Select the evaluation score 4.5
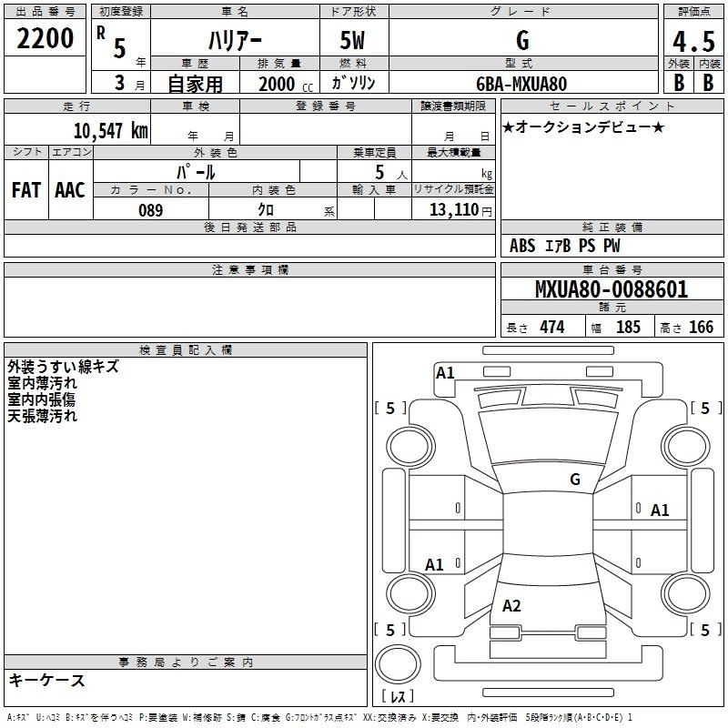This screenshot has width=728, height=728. pos(692,42)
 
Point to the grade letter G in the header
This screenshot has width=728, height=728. pos(522,40)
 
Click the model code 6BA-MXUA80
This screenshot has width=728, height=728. pos(521,84)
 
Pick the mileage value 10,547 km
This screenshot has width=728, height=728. pos(110,130)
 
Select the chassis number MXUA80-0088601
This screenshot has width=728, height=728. pos(611,290)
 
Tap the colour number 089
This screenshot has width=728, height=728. pos(150,210)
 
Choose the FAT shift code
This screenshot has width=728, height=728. pos(25,189)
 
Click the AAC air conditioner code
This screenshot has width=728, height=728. pos(69,189)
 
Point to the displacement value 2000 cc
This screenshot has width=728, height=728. pos(283,84)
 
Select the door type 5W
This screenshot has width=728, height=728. pos(354,40)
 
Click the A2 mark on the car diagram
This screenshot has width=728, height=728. pos(511,606)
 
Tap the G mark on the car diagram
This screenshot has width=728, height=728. pos(574,479)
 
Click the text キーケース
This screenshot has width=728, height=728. pos(46,681)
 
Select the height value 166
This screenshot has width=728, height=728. pos(701,328)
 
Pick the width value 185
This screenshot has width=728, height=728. pos(628,328)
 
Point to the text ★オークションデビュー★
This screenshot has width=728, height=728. pos(583,126)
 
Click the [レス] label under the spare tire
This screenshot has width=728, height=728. pos(398,697)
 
